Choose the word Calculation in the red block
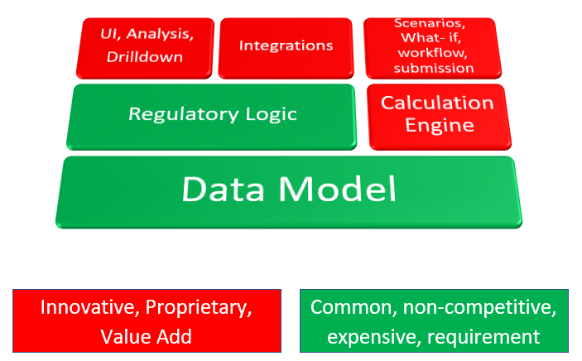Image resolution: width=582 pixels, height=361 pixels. point(437,103)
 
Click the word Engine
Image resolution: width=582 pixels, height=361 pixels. point(438,126)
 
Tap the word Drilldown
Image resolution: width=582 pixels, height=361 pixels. point(144,57)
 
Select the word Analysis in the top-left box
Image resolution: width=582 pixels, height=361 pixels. point(161,36)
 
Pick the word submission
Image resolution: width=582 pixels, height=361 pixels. point(434,67)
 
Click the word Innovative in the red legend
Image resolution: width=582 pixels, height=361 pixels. point(87,307)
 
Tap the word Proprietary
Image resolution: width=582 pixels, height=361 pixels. point(198,307)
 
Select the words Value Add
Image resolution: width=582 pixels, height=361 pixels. point(146,335)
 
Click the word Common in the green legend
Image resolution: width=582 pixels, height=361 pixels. point(352,307)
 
